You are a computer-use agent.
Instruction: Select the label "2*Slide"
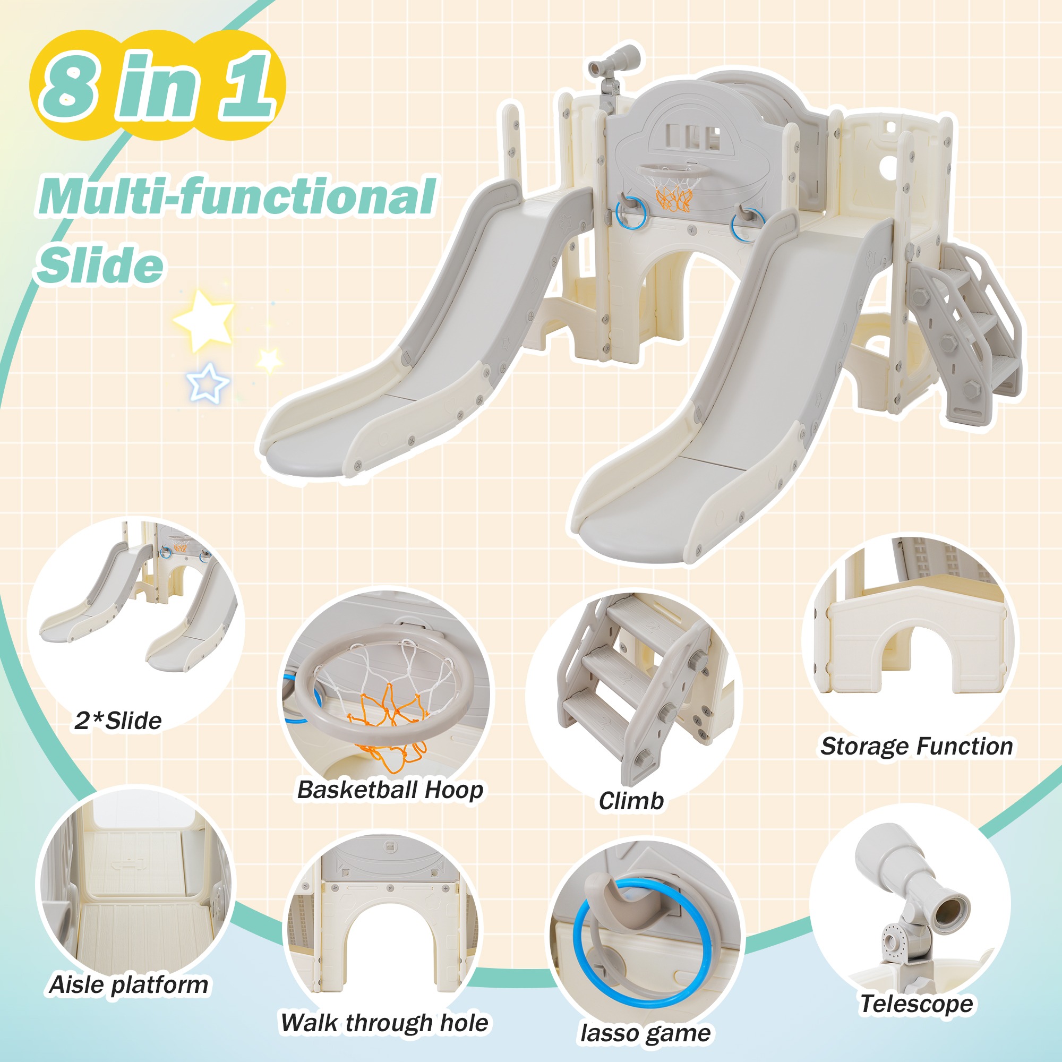coord(118,721)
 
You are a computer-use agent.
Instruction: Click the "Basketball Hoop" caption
coord(390,790)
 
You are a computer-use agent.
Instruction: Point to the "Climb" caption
coord(631,801)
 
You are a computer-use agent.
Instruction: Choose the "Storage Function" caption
coord(917,747)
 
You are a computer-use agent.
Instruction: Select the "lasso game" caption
coord(645,1033)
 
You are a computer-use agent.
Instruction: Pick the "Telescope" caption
coord(917,1004)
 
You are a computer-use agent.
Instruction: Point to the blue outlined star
coord(208,381)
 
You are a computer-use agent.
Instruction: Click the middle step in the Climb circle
coord(619,670)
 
